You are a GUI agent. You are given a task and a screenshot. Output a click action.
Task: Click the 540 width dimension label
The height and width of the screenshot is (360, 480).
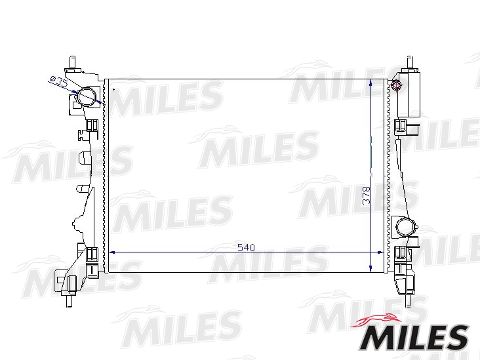tap(246, 247)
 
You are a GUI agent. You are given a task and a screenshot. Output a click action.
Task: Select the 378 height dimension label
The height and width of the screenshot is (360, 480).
tap(367, 195)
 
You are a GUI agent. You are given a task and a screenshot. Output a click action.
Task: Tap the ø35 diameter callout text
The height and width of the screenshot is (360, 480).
tap(58, 81)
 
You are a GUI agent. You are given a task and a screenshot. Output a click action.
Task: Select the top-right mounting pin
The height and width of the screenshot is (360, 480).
tap(410, 63)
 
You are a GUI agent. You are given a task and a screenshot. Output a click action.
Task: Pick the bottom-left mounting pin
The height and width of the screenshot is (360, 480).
tap(70, 300)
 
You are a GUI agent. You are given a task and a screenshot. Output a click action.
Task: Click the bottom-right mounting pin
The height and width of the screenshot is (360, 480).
tap(409, 300)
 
